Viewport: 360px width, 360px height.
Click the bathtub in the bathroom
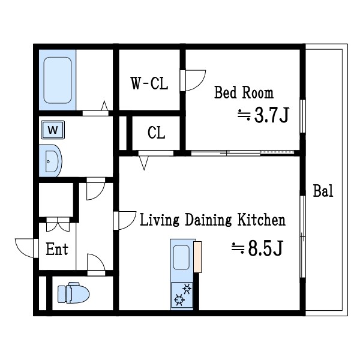(x=58, y=80)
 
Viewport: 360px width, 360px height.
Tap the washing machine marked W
(x=53, y=130)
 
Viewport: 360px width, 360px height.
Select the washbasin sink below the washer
(x=50, y=161)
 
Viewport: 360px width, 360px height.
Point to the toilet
(x=73, y=293)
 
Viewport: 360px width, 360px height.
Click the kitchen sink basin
(x=181, y=257)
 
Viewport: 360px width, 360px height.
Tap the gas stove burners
(x=182, y=295)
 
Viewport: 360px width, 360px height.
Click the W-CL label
(x=149, y=83)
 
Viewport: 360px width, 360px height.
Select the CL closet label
(x=156, y=133)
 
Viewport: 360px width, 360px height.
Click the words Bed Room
(x=244, y=92)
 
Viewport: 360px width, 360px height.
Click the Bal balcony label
(x=323, y=191)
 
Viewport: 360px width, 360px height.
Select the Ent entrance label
(x=57, y=249)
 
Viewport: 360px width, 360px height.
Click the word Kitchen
(x=261, y=220)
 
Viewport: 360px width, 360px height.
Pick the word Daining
(x=208, y=220)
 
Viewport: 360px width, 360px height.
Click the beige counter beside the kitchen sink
(x=197, y=257)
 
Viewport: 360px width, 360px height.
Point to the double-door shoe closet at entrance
(x=58, y=224)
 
